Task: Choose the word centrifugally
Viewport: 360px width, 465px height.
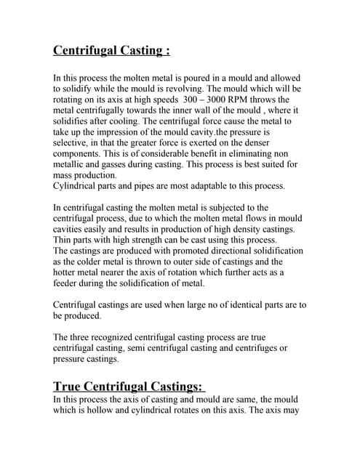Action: pos(97,110)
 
